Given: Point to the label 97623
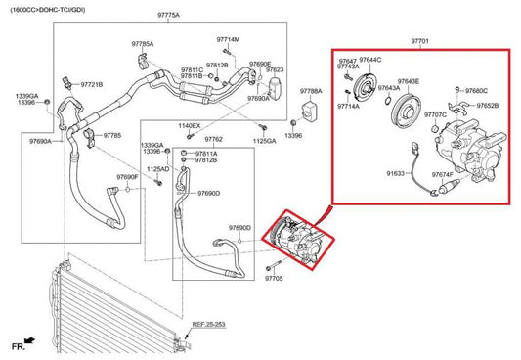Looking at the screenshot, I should coord(275,70).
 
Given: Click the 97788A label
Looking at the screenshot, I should coord(311,90).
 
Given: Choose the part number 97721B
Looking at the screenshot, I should coord(91,84).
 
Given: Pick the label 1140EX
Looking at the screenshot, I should coord(190,126).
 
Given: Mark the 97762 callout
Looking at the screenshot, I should coord(213,139).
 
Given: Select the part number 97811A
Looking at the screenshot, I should coord(206,154).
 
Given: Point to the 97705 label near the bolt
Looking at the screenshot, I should coord(273,279).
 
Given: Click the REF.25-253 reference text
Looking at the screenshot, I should coord(209,323).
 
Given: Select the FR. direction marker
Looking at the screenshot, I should coord(18,345).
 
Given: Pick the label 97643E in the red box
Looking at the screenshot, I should coord(408,82).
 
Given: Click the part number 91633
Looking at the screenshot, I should coord(395,173).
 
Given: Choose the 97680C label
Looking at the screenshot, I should coord(477,91).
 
